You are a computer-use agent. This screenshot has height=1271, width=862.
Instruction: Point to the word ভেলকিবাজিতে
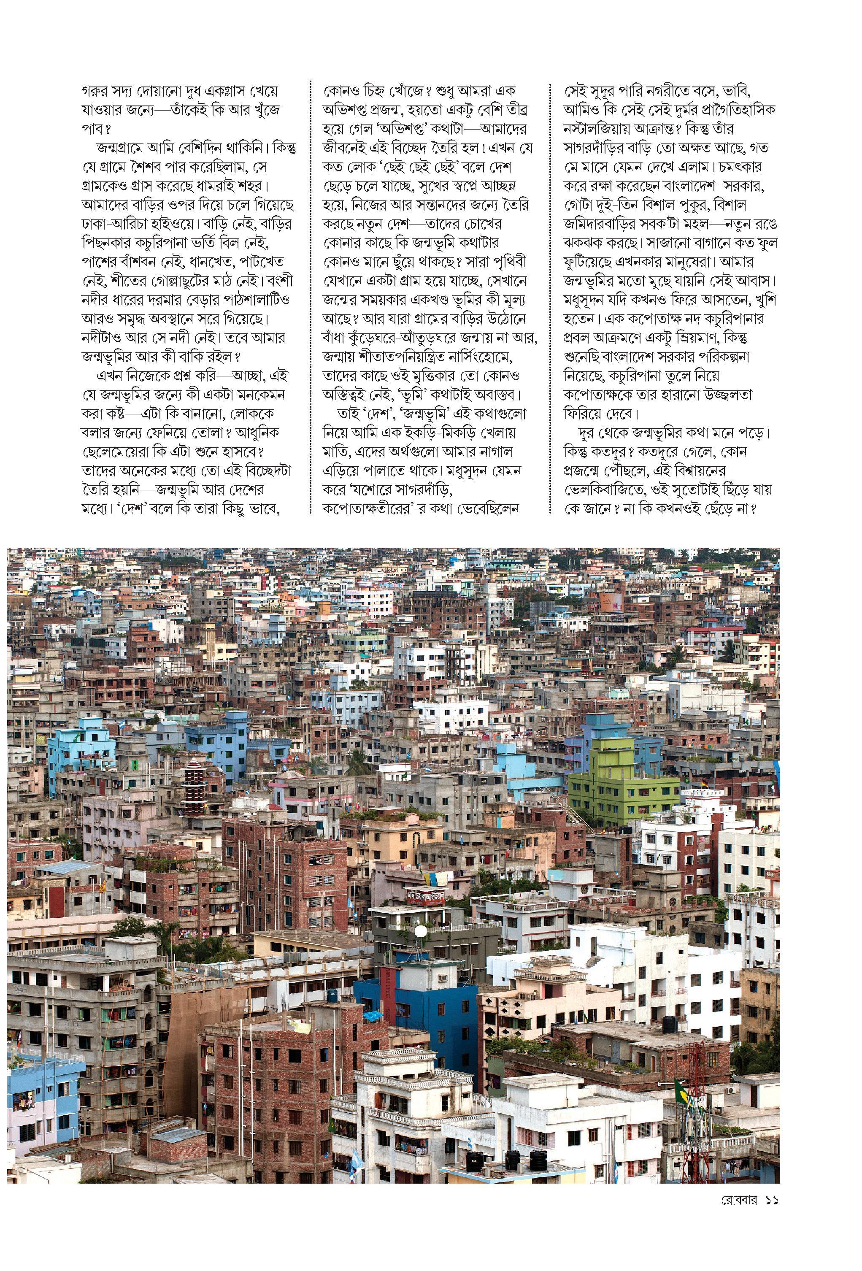tap(604, 489)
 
